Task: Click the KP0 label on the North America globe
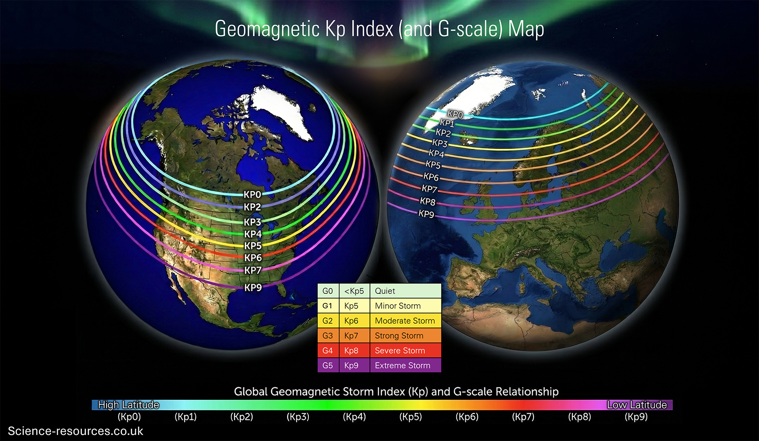252,195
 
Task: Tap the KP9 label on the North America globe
253,287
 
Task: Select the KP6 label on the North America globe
253,258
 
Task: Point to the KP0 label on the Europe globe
455,114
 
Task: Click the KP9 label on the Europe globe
427,214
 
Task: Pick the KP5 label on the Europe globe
433,164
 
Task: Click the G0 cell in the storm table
328,291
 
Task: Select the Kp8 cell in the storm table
351,350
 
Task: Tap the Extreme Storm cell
402,365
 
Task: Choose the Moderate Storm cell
405,321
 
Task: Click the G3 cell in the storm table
328,336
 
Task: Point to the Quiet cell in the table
385,291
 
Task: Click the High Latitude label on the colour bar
129,405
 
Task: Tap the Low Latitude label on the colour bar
637,405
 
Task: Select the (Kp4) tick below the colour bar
354,417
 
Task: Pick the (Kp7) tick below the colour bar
523,417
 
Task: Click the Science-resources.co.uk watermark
75,431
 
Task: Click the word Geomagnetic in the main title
267,29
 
